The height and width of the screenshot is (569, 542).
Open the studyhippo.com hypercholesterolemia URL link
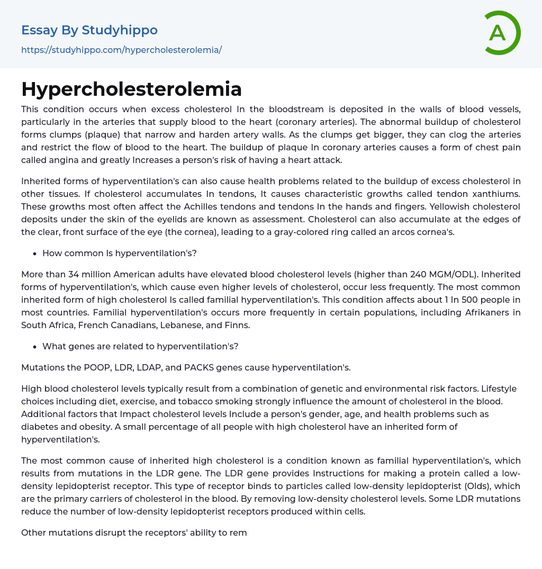(121, 50)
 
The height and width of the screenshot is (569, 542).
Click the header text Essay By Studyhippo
(89, 30)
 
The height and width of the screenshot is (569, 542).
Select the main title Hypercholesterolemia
(131, 89)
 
